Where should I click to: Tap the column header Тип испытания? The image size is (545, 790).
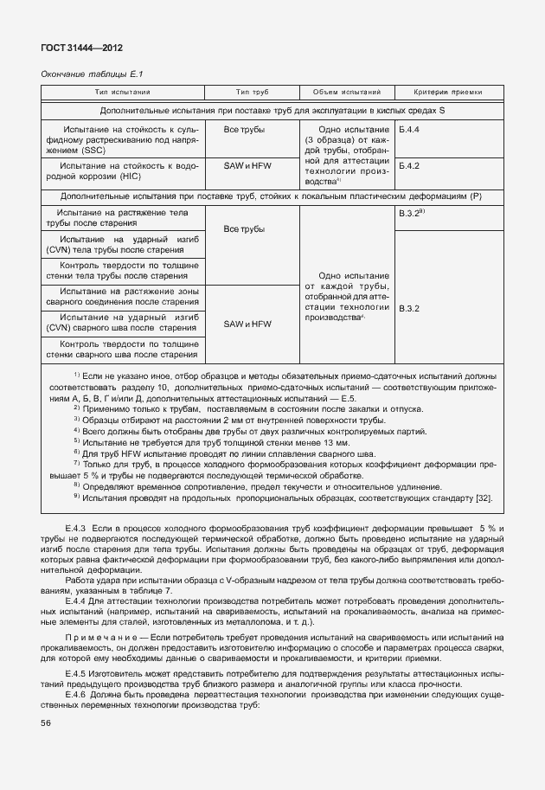coord(122,92)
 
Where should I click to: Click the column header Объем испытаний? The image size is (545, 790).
coord(346,92)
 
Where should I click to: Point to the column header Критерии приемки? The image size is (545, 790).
coord(447,92)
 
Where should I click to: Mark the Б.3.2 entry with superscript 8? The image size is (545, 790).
coord(411,212)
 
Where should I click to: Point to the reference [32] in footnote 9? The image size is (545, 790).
coord(486,498)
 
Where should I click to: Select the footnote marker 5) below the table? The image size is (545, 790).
coord(76,441)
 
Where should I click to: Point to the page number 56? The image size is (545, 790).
coord(45,723)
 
